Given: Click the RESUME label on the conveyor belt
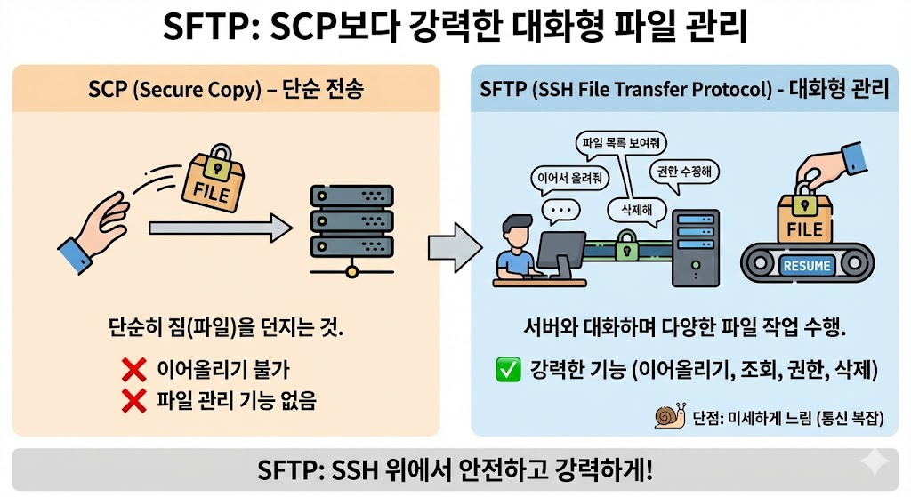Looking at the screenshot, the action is coord(807,265).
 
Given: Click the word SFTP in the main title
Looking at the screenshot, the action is coord(201,29).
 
